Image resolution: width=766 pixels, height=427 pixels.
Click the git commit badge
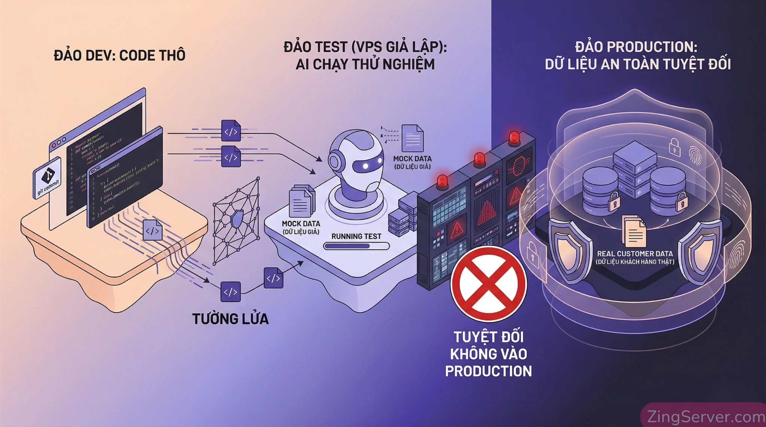pos(48,179)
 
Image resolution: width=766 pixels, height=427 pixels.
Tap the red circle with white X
pos(488,284)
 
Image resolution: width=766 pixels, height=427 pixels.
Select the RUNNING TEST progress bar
pos(356,246)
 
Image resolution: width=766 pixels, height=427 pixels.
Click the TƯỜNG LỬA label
pos(230,319)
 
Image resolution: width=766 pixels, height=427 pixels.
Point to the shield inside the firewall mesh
pos(237,219)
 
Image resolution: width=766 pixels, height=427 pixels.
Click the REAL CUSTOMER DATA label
pos(635,254)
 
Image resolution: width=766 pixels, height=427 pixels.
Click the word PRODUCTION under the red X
pos(488,371)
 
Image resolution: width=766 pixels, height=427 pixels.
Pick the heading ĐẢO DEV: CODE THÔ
pos(120,56)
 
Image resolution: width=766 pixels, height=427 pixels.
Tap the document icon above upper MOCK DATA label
pos(413,138)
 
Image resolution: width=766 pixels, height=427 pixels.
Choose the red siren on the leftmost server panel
pos(442,181)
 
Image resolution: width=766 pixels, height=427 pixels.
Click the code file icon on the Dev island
pos(153,230)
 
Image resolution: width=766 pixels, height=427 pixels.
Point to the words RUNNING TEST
pos(356,236)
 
